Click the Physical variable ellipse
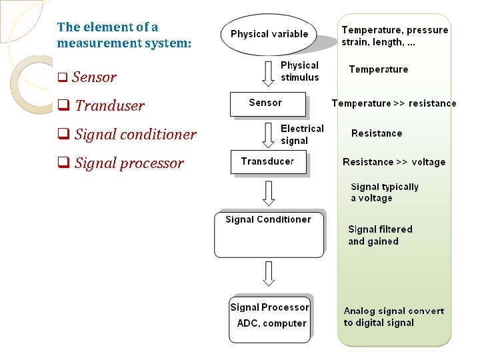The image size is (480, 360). (269, 34)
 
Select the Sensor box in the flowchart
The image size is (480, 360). (267, 104)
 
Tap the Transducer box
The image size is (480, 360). (268, 162)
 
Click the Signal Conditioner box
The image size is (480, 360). (269, 233)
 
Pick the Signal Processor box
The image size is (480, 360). (269, 319)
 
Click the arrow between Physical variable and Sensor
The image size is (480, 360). (268, 73)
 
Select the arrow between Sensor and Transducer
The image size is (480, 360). (268, 134)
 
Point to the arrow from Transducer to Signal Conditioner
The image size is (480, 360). (268, 193)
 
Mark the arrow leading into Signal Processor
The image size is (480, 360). (268, 274)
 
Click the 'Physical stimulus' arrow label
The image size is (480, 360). (299, 71)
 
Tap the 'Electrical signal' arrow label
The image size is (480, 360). (302, 135)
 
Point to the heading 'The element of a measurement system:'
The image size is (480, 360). (124, 35)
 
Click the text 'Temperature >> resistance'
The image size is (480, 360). (394, 103)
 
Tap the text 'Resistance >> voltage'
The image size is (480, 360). (393, 162)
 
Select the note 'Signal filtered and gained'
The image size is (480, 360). (380, 235)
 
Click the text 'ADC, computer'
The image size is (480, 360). (271, 323)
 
